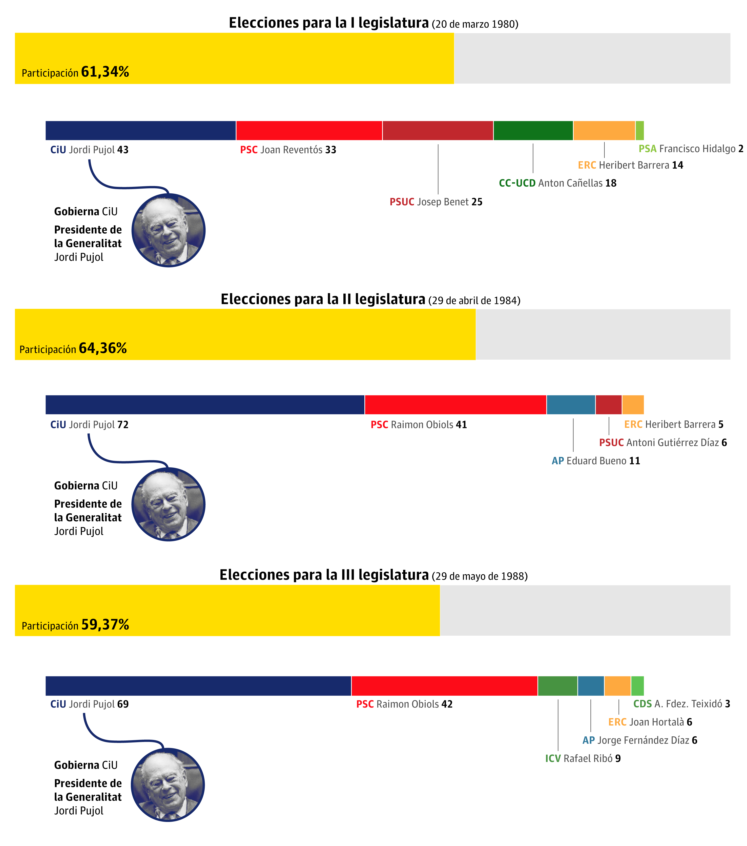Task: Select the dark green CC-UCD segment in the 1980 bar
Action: click(533, 130)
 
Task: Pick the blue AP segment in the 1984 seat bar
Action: click(570, 404)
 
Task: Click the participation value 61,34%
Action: click(105, 72)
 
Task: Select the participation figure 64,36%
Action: click(103, 348)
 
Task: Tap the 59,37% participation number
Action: click(105, 625)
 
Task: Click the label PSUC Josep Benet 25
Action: click(436, 202)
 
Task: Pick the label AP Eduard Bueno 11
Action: click(595, 461)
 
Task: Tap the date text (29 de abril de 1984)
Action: click(474, 300)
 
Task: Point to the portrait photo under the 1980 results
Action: click(169, 230)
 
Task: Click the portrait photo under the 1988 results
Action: click(168, 785)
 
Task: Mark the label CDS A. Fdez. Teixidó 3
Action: click(681, 704)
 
